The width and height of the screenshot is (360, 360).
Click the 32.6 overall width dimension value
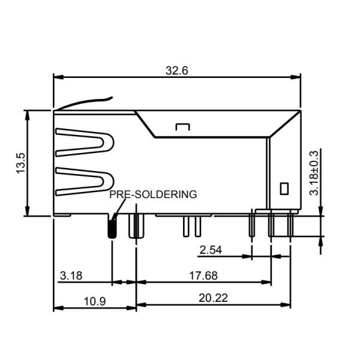177,70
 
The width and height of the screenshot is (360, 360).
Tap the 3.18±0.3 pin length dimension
314,172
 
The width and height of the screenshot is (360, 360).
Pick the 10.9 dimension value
94,301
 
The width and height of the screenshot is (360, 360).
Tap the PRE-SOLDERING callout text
153,194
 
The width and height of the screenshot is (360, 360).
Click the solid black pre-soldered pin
112,227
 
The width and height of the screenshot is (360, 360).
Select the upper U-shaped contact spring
85,142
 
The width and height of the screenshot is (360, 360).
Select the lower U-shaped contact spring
85,181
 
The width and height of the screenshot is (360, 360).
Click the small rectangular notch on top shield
182,127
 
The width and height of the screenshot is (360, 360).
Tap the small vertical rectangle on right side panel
284,188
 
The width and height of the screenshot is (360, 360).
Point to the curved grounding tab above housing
84,103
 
